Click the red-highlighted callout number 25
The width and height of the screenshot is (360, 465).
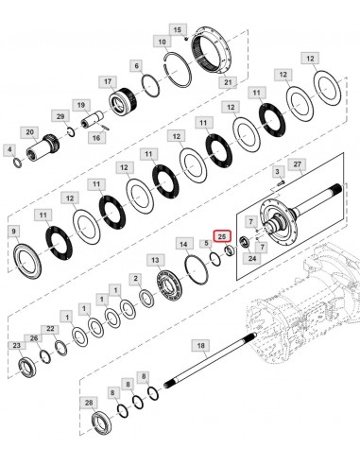point(222,235)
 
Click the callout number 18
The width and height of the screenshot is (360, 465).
point(199,346)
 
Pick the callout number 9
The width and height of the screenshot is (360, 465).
point(13,232)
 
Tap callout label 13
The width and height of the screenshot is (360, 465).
point(153,258)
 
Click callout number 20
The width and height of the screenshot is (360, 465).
point(29,131)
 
